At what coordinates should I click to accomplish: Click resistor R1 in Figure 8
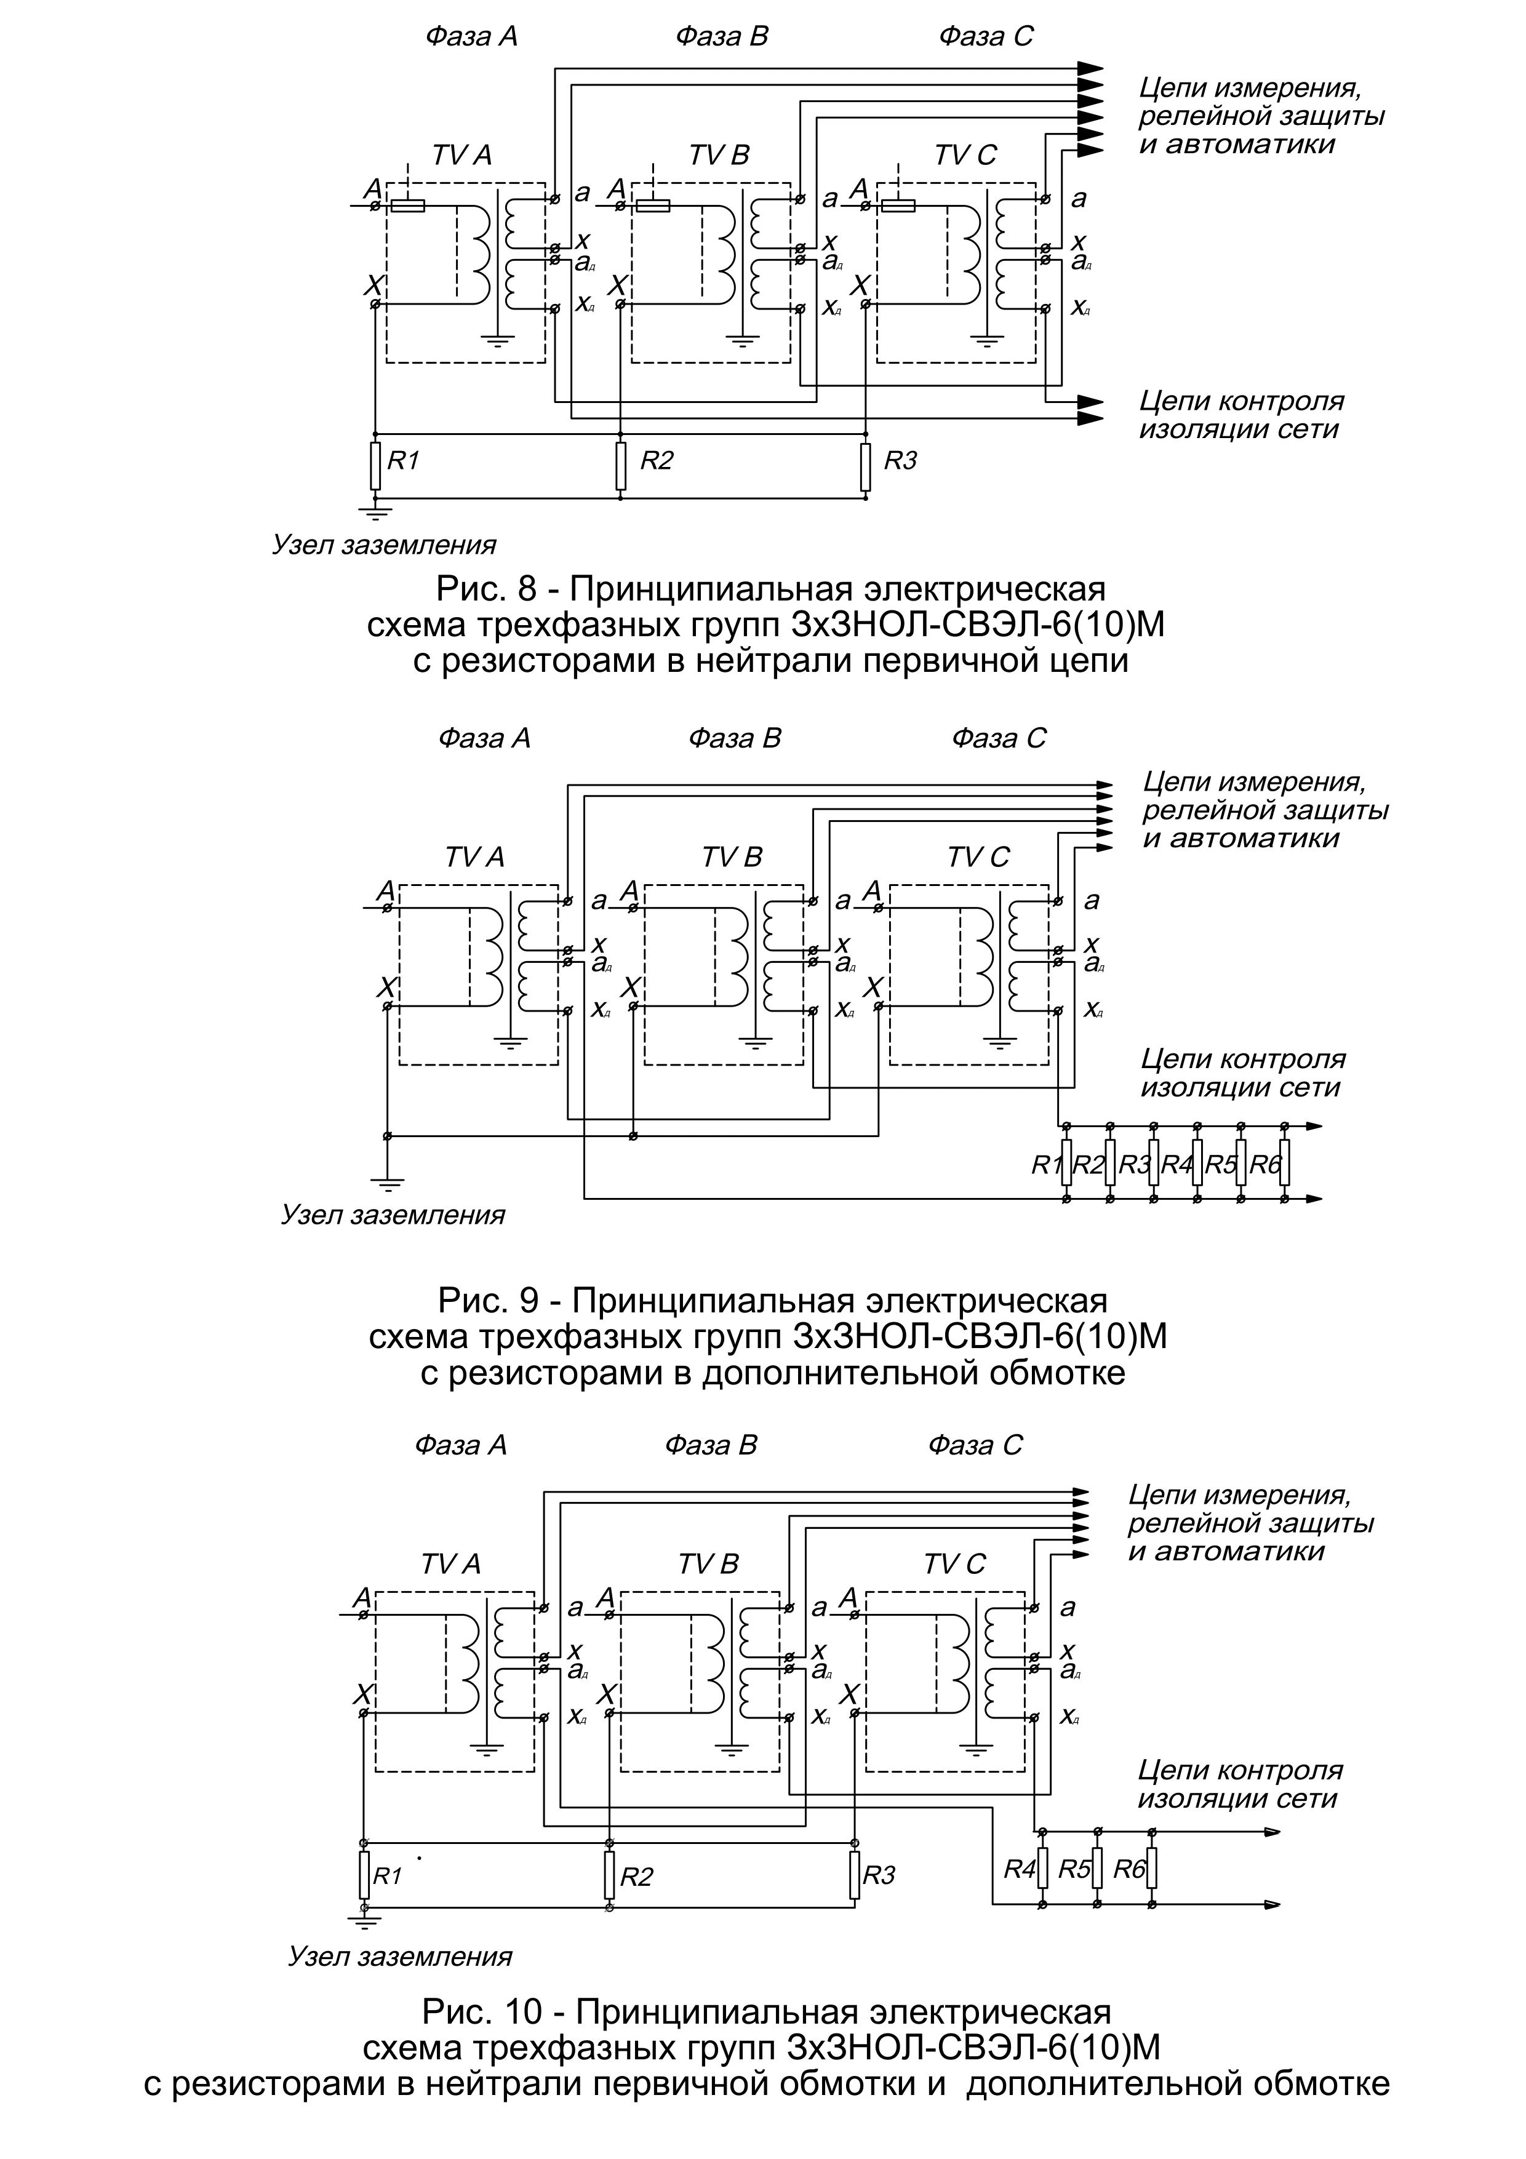(x=375, y=466)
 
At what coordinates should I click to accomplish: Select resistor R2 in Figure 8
(x=621, y=466)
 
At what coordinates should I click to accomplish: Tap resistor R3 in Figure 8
(x=865, y=466)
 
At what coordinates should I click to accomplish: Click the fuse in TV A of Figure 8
(x=407, y=205)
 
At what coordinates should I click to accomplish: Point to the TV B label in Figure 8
(x=719, y=155)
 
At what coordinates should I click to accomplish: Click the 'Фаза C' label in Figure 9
(x=999, y=738)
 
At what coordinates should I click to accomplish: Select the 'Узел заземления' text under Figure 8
(x=383, y=545)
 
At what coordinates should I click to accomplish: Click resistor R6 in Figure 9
(x=1284, y=1163)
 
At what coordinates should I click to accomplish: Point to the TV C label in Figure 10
(x=954, y=1564)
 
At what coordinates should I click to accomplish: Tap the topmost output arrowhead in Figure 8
(x=1091, y=68)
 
